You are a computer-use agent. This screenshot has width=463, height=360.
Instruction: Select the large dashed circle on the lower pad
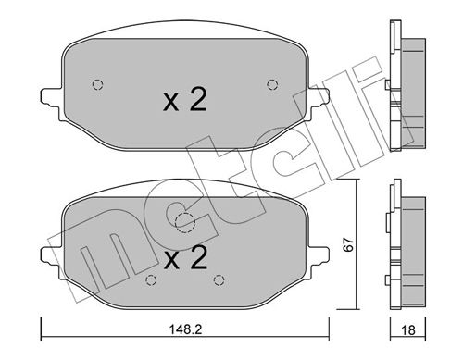coord(184,222)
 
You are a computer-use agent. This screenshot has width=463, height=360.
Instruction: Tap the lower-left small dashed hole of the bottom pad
coord(150,280)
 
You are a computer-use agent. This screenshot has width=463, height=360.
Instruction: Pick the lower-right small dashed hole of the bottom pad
coord(219,280)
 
